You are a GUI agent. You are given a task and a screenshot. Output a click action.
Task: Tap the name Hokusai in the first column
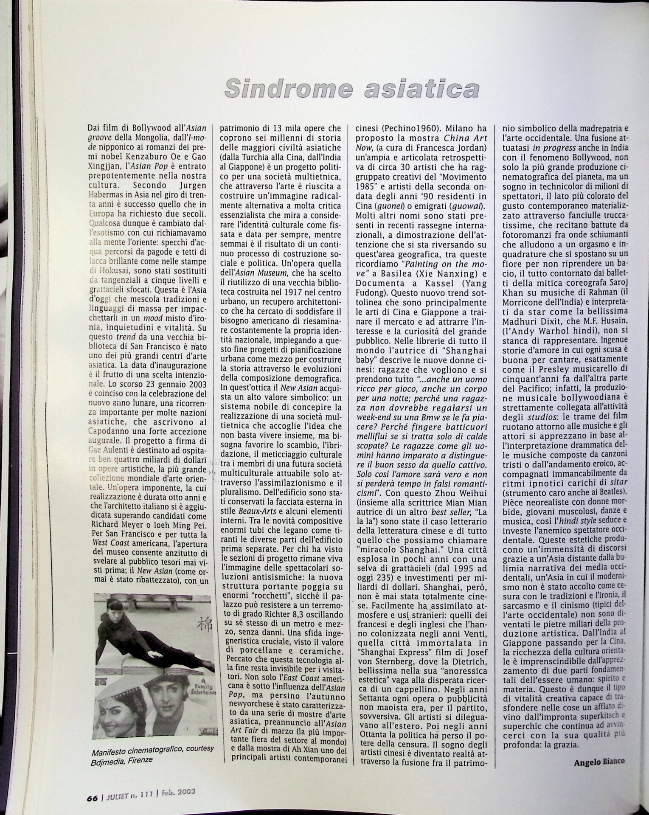[111, 270]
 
